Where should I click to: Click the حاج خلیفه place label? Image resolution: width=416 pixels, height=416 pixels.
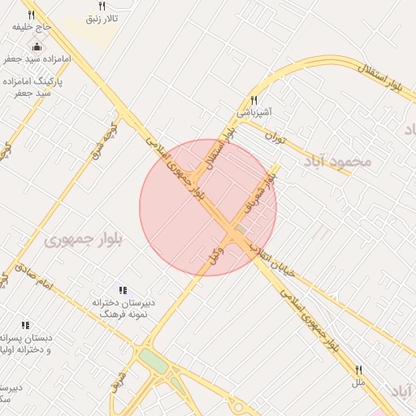32,27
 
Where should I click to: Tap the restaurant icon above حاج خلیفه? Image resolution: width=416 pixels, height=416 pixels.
32,15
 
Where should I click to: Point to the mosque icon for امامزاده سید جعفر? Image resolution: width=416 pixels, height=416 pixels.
37,46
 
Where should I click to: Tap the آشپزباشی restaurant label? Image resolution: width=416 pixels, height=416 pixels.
254,111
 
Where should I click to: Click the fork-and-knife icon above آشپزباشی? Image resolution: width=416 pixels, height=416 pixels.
254,100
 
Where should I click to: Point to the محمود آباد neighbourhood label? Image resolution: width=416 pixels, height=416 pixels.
340,161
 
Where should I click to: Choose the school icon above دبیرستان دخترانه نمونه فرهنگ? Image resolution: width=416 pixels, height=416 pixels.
123,290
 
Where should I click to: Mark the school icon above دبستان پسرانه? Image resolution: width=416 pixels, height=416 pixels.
25,325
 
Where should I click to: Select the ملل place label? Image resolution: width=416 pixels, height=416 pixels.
358,381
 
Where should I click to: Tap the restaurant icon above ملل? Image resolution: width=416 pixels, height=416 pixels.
358,370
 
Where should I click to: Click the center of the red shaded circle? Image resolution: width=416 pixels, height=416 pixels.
208,207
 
